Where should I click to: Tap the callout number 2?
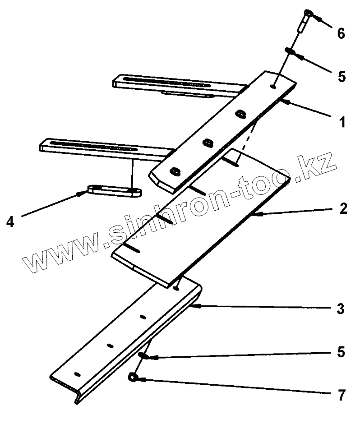point(343,209)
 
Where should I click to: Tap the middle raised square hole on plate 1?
point(208,143)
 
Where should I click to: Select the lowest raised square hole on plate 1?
point(175,171)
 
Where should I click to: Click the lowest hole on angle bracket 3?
point(77,374)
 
